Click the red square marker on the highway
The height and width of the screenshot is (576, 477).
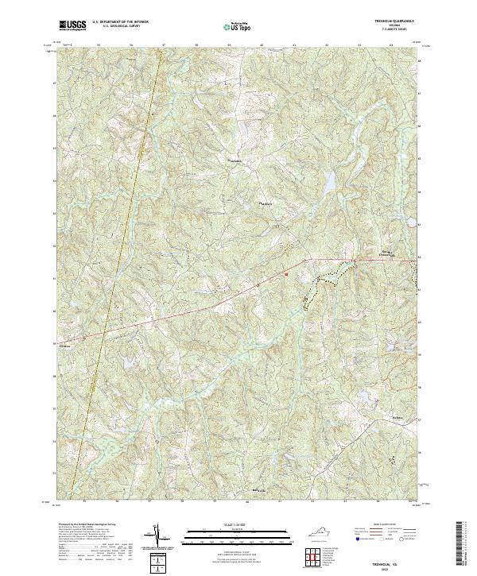coord(286,275)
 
